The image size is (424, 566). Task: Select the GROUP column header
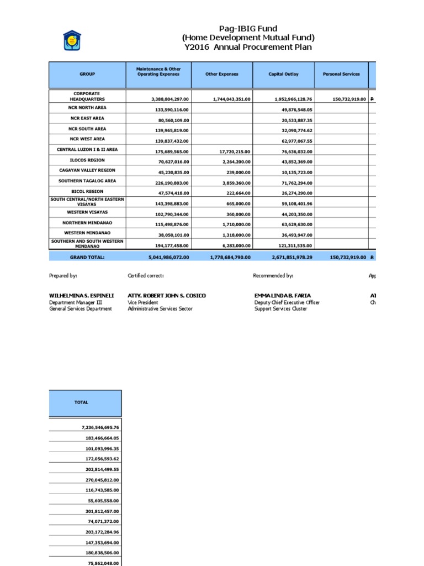(87, 74)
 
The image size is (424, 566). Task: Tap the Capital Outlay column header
(283, 74)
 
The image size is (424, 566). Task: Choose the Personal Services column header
(344, 74)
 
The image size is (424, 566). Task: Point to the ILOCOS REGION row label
(87, 160)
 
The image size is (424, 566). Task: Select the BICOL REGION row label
(87, 191)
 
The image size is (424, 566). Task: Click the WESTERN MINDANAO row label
(87, 233)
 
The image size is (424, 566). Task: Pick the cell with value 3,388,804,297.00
(169, 99)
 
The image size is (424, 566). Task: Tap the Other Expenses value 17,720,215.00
(232, 151)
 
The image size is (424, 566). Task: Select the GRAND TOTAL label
(87, 257)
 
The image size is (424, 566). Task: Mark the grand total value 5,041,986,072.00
(169, 258)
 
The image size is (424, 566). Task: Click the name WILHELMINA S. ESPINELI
(82, 296)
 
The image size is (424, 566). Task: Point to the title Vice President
(143, 302)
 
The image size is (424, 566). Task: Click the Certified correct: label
(146, 275)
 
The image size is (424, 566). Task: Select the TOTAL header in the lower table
(81, 403)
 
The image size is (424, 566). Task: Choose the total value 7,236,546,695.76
(96, 427)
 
